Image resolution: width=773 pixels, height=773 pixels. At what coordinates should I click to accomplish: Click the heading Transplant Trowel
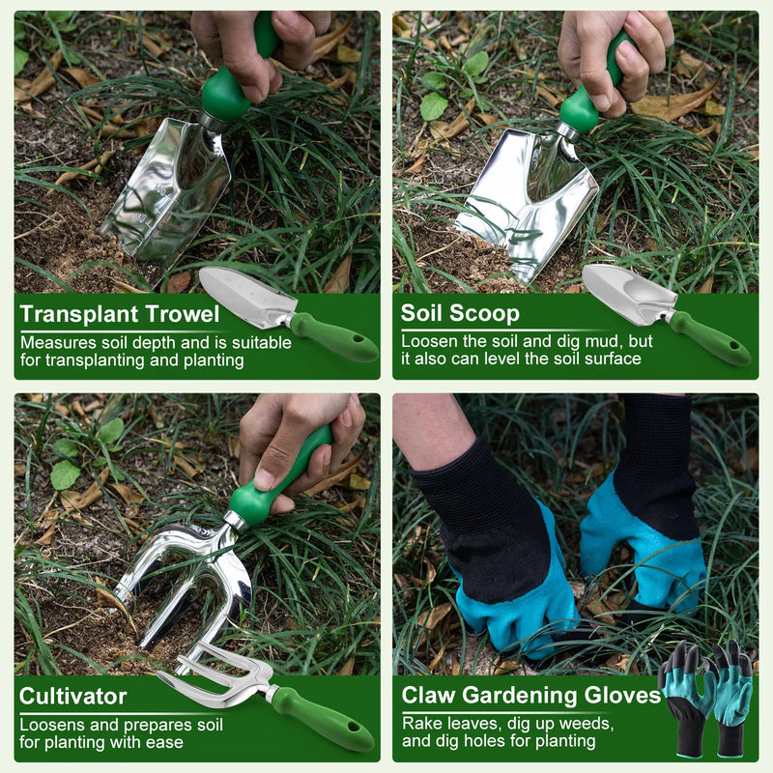click(120, 314)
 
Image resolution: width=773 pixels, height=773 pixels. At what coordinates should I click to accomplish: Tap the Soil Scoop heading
click(460, 313)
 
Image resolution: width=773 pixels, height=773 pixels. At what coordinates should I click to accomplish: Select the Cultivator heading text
click(73, 697)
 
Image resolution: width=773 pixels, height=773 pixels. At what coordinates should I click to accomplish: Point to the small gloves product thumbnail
click(705, 698)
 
